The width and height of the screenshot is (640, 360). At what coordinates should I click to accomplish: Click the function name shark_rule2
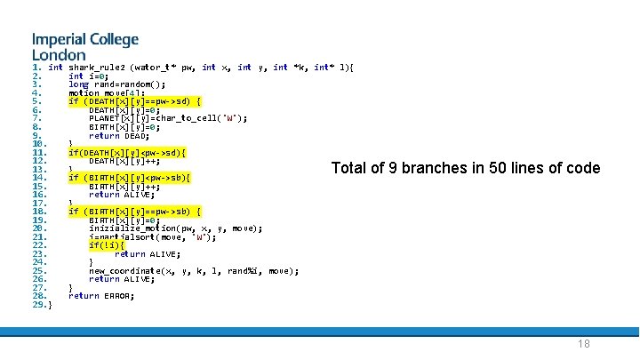[x=96, y=68]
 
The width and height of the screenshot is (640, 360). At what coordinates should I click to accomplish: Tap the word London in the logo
[x=58, y=55]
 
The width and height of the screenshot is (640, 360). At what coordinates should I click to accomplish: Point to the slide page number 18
[x=583, y=345]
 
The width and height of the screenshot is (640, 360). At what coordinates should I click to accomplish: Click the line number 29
[x=38, y=305]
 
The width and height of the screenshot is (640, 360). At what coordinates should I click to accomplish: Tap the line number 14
[x=38, y=178]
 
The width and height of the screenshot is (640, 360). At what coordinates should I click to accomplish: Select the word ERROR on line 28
[x=119, y=296]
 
